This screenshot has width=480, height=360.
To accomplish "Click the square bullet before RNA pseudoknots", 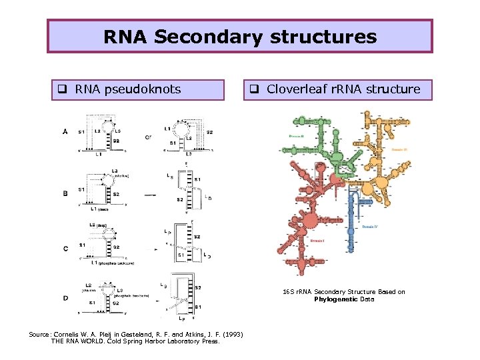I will [61, 89].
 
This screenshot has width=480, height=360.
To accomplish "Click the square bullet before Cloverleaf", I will [254, 89].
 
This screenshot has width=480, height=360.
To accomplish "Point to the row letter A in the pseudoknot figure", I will [65, 132].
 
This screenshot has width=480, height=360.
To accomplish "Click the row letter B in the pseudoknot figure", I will [65, 193].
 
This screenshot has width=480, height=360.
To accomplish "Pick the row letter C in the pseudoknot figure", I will [65, 248].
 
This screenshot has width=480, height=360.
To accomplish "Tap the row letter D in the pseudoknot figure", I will [65, 297].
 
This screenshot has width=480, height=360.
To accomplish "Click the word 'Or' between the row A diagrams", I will [148, 138].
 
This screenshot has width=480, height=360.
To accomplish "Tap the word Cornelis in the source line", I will [73, 334].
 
